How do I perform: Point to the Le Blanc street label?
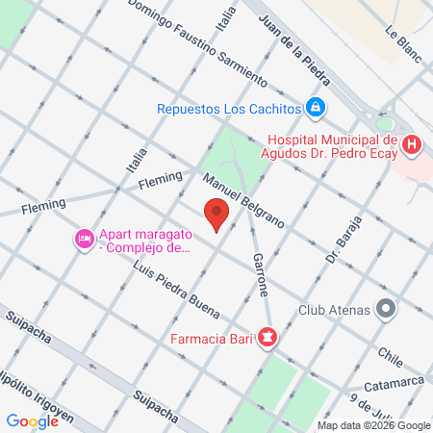pos(404,43)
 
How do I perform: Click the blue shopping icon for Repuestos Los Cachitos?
pos(315,108)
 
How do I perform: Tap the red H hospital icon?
pos(412,145)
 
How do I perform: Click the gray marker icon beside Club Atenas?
pos(386,310)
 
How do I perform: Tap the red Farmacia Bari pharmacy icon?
pos(267,338)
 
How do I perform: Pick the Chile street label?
pos(389,355)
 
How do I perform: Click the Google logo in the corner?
pos(33,420)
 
